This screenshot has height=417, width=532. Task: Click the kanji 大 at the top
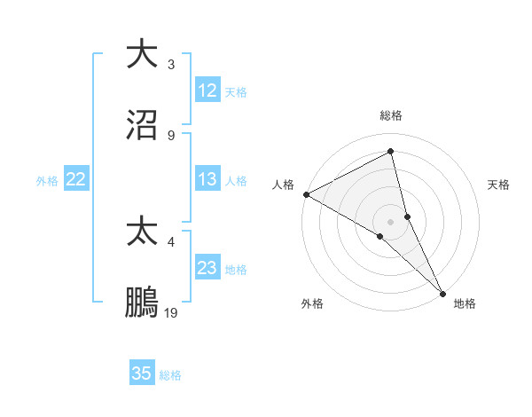tap(143, 54)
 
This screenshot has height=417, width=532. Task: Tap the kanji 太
tap(143, 232)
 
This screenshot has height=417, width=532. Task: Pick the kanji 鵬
tap(143, 303)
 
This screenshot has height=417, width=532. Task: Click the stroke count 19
tap(171, 312)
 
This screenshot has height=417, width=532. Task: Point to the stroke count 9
tap(171, 135)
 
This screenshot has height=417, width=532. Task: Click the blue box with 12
tap(207, 90)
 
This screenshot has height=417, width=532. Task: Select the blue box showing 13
tap(207, 179)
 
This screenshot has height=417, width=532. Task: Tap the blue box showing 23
tap(207, 268)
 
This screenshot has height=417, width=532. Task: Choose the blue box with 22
tap(76, 179)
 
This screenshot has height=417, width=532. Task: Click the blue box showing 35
tap(142, 374)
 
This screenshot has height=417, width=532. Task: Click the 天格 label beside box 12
tap(235, 92)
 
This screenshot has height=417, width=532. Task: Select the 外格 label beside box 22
tap(47, 181)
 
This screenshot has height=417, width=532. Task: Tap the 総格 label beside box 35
tap(170, 375)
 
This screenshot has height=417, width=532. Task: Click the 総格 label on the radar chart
tap(391, 115)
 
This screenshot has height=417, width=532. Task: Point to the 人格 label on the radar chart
tap(283, 185)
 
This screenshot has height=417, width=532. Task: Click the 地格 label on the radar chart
tap(465, 303)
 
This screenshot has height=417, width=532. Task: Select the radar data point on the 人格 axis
tap(306, 194)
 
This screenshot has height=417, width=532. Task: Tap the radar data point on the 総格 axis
tap(391, 151)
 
